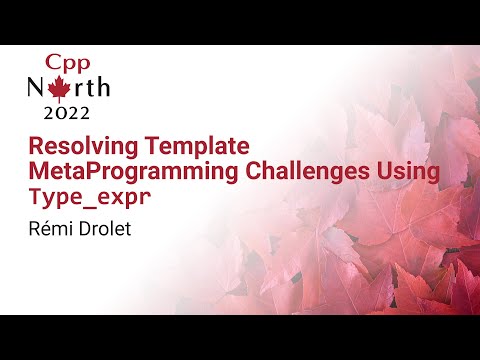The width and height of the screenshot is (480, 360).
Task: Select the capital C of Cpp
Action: [x=49, y=58]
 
